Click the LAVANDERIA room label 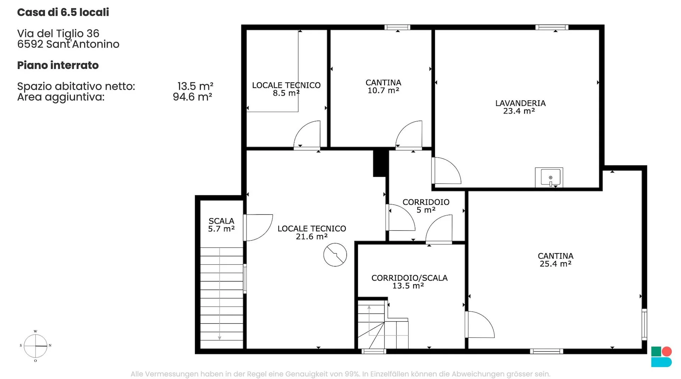click(x=520, y=103)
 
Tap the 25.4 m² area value click(x=555, y=264)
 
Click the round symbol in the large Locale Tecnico click(x=335, y=255)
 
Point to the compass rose click(x=35, y=346)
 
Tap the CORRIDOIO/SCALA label click(x=409, y=278)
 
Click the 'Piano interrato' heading click(x=58, y=65)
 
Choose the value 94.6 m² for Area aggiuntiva click(x=192, y=97)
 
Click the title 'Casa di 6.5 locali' click(x=63, y=12)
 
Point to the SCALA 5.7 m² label click(x=221, y=225)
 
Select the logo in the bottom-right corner click(x=661, y=357)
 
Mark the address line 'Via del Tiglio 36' click(x=58, y=33)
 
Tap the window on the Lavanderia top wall click(x=552, y=27)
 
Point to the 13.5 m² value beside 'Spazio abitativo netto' click(x=195, y=86)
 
